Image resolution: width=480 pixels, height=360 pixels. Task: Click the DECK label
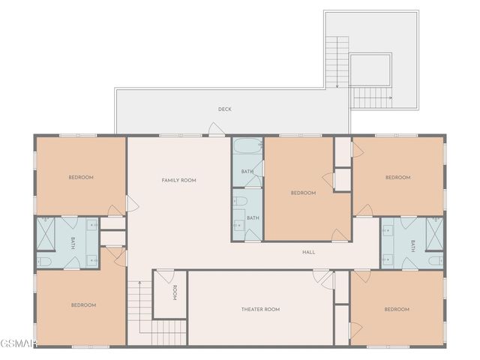coord(224,109)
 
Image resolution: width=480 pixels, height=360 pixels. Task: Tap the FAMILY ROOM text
coord(178,180)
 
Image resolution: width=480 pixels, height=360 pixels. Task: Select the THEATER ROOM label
coord(260,309)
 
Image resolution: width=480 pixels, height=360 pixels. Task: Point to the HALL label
coord(308,252)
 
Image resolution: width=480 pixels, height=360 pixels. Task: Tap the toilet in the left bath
coord(44,261)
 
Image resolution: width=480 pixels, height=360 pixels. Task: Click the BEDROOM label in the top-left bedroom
coord(81,177)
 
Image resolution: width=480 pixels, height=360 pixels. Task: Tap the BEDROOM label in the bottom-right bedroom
coord(397,309)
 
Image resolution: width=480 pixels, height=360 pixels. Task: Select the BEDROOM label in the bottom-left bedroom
coord(83,304)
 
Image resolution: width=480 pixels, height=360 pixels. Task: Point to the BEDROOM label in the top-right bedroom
coord(397,177)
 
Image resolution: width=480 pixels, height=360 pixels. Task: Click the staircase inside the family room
coord(138,300)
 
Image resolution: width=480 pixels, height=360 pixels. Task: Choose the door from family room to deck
coord(216,130)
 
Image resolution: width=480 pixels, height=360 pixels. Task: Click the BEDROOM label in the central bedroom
coord(303,193)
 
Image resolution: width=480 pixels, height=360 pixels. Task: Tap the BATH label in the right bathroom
coord(412,244)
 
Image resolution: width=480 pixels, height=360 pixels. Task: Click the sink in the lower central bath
coord(238,226)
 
